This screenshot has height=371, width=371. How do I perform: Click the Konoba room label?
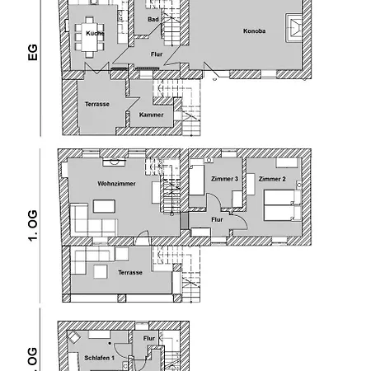pyautogui.click(x=254, y=31)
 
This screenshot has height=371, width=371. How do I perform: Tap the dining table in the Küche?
pyautogui.click(x=89, y=37)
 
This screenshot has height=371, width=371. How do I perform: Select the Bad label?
pyautogui.click(x=153, y=19)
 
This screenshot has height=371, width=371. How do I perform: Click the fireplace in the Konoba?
pyautogui.click(x=294, y=28)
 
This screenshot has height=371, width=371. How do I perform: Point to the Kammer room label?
pyautogui.click(x=151, y=115)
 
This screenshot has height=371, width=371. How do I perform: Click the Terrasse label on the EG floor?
pyautogui.click(x=97, y=104)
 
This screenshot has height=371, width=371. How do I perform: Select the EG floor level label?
pyautogui.click(x=32, y=52)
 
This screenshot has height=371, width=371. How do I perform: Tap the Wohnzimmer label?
pyautogui.click(x=116, y=183)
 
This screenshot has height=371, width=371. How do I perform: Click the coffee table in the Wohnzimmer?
pyautogui.click(x=104, y=206)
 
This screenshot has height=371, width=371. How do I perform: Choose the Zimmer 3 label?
pyautogui.click(x=224, y=179)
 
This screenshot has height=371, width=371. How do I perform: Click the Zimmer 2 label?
pyautogui.click(x=272, y=179)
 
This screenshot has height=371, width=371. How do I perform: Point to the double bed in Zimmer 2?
pyautogui.click(x=283, y=205)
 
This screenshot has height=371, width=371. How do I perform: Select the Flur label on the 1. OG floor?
pyautogui.click(x=217, y=219)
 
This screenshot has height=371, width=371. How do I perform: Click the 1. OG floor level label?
pyautogui.click(x=32, y=226)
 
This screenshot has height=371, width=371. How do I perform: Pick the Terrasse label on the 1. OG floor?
pyautogui.click(x=130, y=272)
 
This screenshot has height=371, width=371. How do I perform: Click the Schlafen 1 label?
pyautogui.click(x=99, y=358)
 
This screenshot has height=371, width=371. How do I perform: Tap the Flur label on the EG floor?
pyautogui.click(x=157, y=54)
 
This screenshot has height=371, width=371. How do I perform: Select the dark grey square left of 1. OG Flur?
pyautogui.click(x=184, y=220)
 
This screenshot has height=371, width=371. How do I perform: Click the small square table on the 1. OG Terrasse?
pyautogui.click(x=101, y=271)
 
